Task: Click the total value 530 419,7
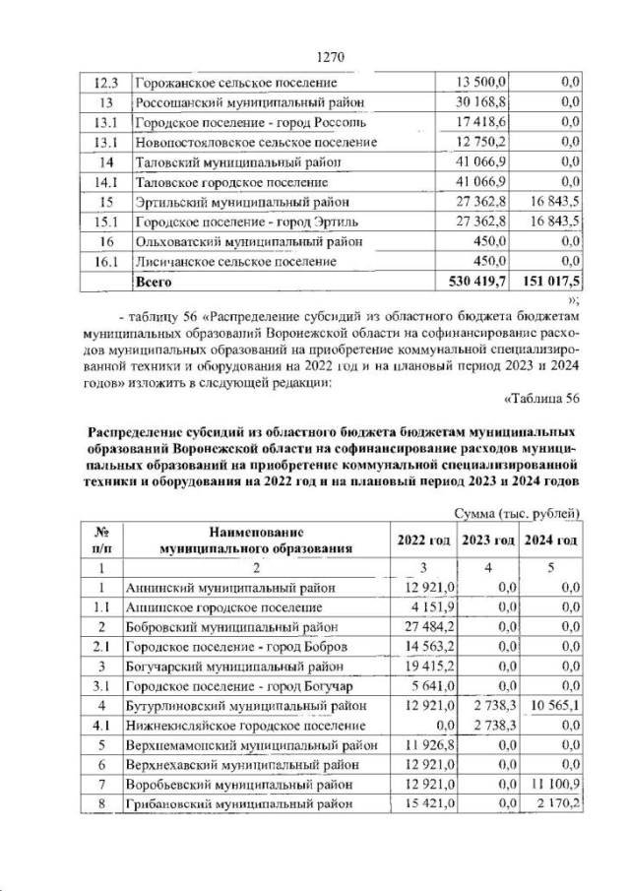click(x=478, y=282)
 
